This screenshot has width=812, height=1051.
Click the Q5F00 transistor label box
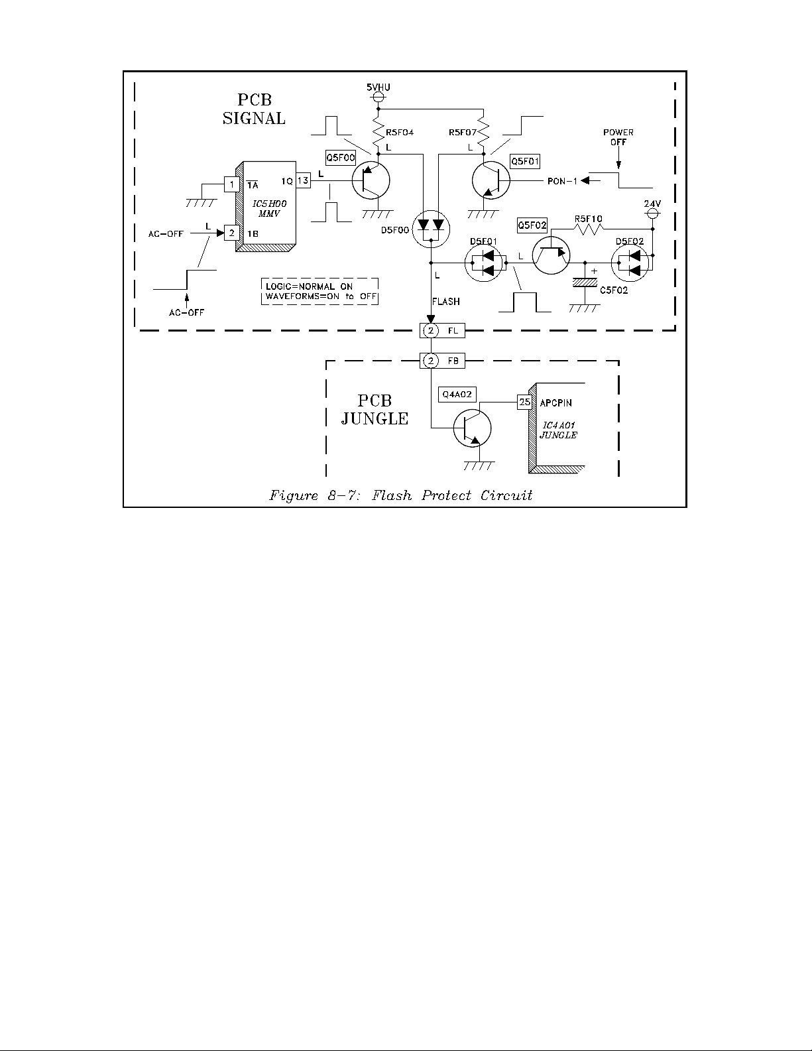pyautogui.click(x=340, y=158)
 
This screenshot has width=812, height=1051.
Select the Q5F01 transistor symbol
pyautogui.click(x=491, y=180)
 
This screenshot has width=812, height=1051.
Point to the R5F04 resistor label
pyautogui.click(x=400, y=132)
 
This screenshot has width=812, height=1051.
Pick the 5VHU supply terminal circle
pyautogui.click(x=378, y=97)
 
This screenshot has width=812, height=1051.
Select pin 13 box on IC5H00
pyautogui.click(x=303, y=180)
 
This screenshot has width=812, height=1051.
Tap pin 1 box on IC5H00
pyautogui.click(x=231, y=184)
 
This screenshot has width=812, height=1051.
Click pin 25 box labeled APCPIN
pyautogui.click(x=525, y=401)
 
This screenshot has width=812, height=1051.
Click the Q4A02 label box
pyautogui.click(x=457, y=394)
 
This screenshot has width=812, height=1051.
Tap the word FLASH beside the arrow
pyautogui.click(x=446, y=301)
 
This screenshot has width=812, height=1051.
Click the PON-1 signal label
pyautogui.click(x=562, y=181)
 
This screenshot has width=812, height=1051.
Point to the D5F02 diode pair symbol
pyautogui.click(x=630, y=263)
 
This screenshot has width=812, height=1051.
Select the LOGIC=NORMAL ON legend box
pyautogui.click(x=320, y=291)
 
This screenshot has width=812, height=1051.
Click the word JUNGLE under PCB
pyautogui.click(x=375, y=419)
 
